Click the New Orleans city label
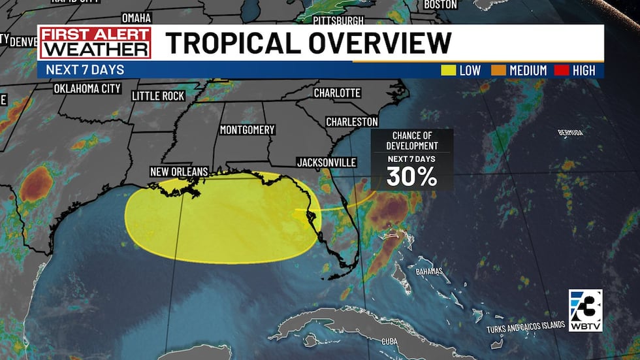(x=179, y=172)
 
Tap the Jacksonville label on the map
(x=326, y=162)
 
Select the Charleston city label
(x=351, y=122)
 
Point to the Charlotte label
(x=337, y=93)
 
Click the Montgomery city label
(x=247, y=130)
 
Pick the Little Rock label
(x=158, y=96)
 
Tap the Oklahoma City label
(x=87, y=88)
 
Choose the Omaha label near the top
(x=136, y=18)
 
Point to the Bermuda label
(x=570, y=133)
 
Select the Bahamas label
(x=428, y=271)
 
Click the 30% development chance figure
(x=411, y=176)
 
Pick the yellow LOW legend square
(x=449, y=71)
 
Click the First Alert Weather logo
(x=95, y=43)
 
